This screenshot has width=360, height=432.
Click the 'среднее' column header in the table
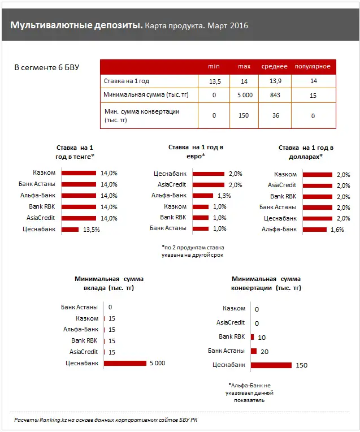point(274,67)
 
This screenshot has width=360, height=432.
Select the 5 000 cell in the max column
point(244,95)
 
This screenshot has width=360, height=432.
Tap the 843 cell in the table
point(275,95)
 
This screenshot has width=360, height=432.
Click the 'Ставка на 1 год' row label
point(125,81)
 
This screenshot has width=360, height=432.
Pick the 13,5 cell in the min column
point(215,81)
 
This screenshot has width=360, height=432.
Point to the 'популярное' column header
point(313,67)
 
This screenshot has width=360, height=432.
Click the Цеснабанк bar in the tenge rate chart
point(70,230)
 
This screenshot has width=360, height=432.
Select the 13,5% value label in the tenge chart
point(92,230)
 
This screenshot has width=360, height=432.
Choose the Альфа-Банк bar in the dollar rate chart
point(314,230)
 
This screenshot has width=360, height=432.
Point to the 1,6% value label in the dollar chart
point(337,230)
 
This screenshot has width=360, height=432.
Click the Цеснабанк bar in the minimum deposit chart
point(125,363)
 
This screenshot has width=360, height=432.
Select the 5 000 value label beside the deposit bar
point(158,364)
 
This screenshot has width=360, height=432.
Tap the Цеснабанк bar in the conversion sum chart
point(271,365)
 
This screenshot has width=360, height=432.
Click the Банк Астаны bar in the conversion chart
point(254,351)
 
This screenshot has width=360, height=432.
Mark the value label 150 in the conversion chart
point(301,365)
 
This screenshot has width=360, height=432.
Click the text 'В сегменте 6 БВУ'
point(47,68)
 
